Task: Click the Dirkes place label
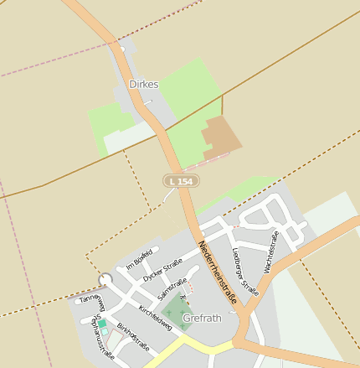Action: (144, 85)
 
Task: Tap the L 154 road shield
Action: (181, 181)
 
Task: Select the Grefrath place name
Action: (202, 319)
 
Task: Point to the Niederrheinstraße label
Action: (218, 272)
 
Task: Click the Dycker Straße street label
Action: (162, 270)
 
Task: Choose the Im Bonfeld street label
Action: (139, 259)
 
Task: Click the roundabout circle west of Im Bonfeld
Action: (105, 279)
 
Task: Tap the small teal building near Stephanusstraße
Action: (102, 324)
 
